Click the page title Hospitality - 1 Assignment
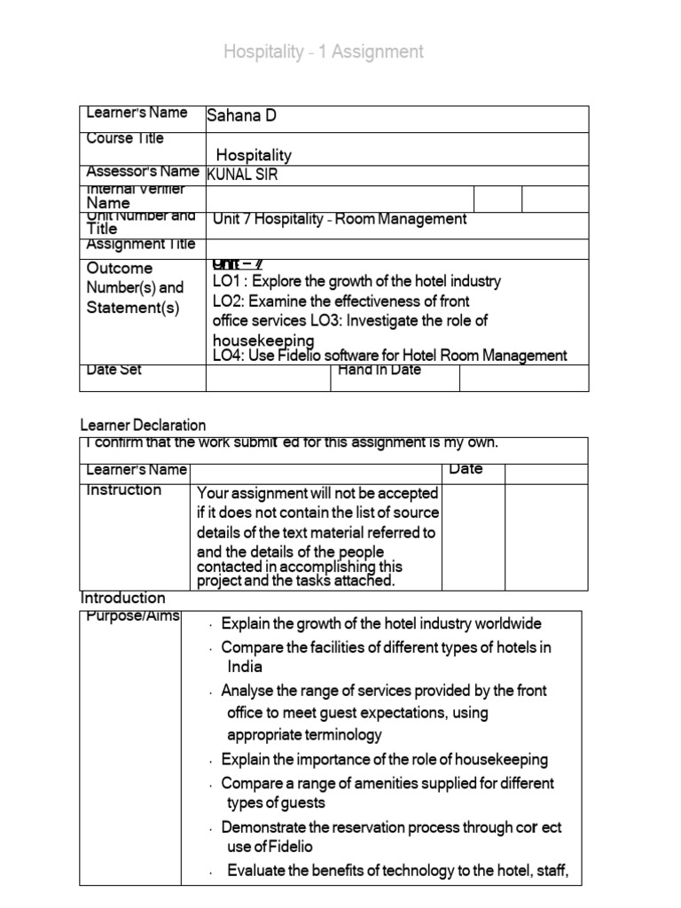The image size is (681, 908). (324, 52)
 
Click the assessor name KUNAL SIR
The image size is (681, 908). (242, 175)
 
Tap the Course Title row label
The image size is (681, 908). (125, 138)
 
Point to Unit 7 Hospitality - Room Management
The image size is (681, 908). (340, 219)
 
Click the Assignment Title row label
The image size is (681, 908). (139, 244)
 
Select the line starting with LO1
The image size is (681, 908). (356, 281)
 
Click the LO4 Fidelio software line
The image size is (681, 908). (389, 356)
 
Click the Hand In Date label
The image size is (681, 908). (380, 370)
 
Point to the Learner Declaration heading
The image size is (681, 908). (143, 426)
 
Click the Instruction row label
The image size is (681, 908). (124, 490)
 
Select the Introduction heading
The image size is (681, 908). (123, 598)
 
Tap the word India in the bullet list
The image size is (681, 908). (245, 667)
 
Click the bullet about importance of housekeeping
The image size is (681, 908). (384, 759)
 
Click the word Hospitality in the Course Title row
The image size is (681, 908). (254, 155)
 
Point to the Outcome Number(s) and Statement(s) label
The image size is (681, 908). (135, 288)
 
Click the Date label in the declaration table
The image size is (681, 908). (466, 469)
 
